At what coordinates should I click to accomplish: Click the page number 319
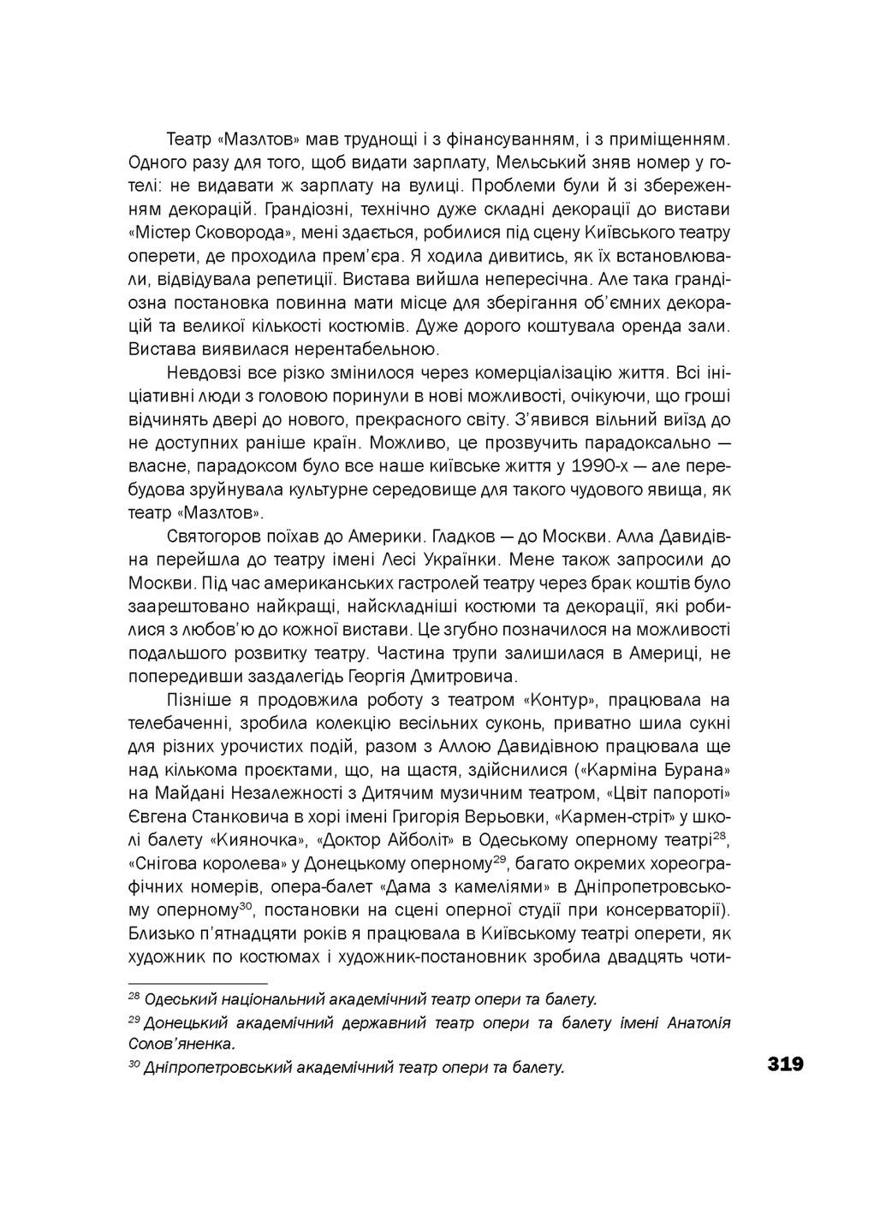[x=784, y=1064]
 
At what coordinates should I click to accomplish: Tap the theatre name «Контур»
[x=558, y=699]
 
